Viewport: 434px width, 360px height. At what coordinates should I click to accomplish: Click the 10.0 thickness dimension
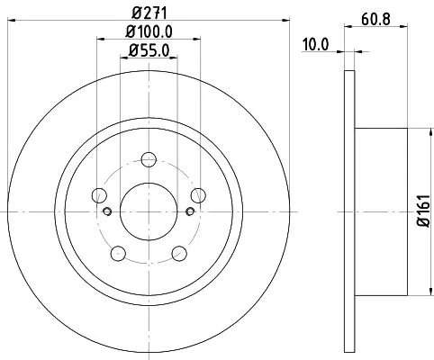(x=314, y=43)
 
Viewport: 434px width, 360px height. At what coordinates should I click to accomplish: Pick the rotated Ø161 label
(x=421, y=212)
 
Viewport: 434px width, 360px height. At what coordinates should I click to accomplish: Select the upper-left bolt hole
(x=100, y=196)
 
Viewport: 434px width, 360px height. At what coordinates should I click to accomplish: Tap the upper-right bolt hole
(x=196, y=196)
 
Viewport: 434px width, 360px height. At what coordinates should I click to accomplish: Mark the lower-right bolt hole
(x=178, y=253)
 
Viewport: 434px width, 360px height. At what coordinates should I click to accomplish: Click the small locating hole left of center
(x=108, y=212)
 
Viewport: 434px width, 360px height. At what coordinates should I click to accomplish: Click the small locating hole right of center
(x=189, y=212)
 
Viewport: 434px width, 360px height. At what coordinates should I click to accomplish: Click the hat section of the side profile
(x=382, y=212)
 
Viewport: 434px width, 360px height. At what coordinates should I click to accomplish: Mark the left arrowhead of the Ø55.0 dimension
(x=123, y=58)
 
